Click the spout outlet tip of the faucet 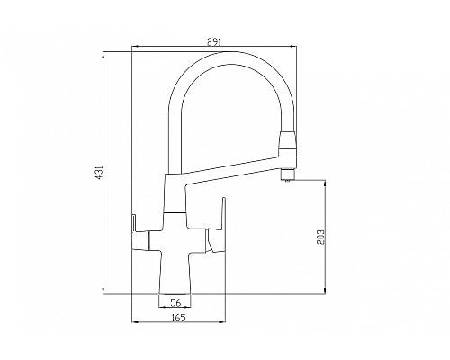coord(288,176)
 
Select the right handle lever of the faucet coord(213,234)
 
